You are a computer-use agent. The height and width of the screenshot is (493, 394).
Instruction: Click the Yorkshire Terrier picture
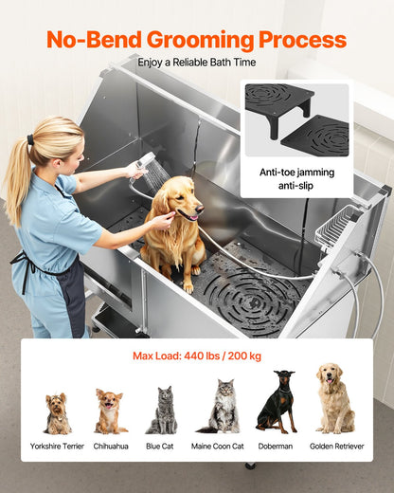58,413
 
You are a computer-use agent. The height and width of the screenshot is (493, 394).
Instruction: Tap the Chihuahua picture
111,411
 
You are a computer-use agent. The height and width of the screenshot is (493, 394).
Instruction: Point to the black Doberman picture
276,403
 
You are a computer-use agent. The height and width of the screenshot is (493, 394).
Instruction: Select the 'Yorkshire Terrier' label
58,446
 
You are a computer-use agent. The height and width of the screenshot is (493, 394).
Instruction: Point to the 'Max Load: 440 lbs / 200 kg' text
196,357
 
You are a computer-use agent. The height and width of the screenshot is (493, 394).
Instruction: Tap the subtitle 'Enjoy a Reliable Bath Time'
196,63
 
